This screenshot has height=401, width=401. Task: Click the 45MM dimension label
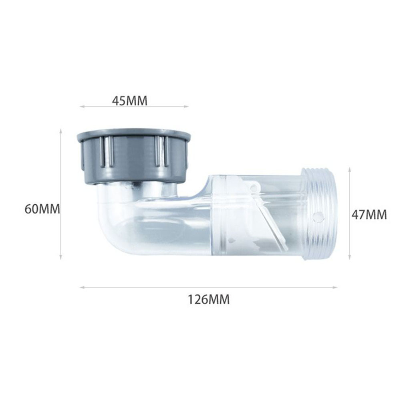point(129,101)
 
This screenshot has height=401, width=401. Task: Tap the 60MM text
point(42,209)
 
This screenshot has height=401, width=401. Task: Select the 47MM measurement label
point(369,215)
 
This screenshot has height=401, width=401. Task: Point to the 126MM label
point(209,299)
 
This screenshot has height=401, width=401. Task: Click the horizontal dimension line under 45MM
point(134,107)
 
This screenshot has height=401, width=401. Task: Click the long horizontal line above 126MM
point(208,287)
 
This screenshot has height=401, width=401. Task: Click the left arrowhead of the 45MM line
point(81,107)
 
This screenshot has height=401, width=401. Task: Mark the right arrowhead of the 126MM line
point(336,287)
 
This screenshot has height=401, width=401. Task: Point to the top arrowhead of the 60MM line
point(60,130)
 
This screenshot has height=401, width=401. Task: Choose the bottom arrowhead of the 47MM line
point(350,258)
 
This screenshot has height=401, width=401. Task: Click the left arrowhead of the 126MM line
point(81,287)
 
